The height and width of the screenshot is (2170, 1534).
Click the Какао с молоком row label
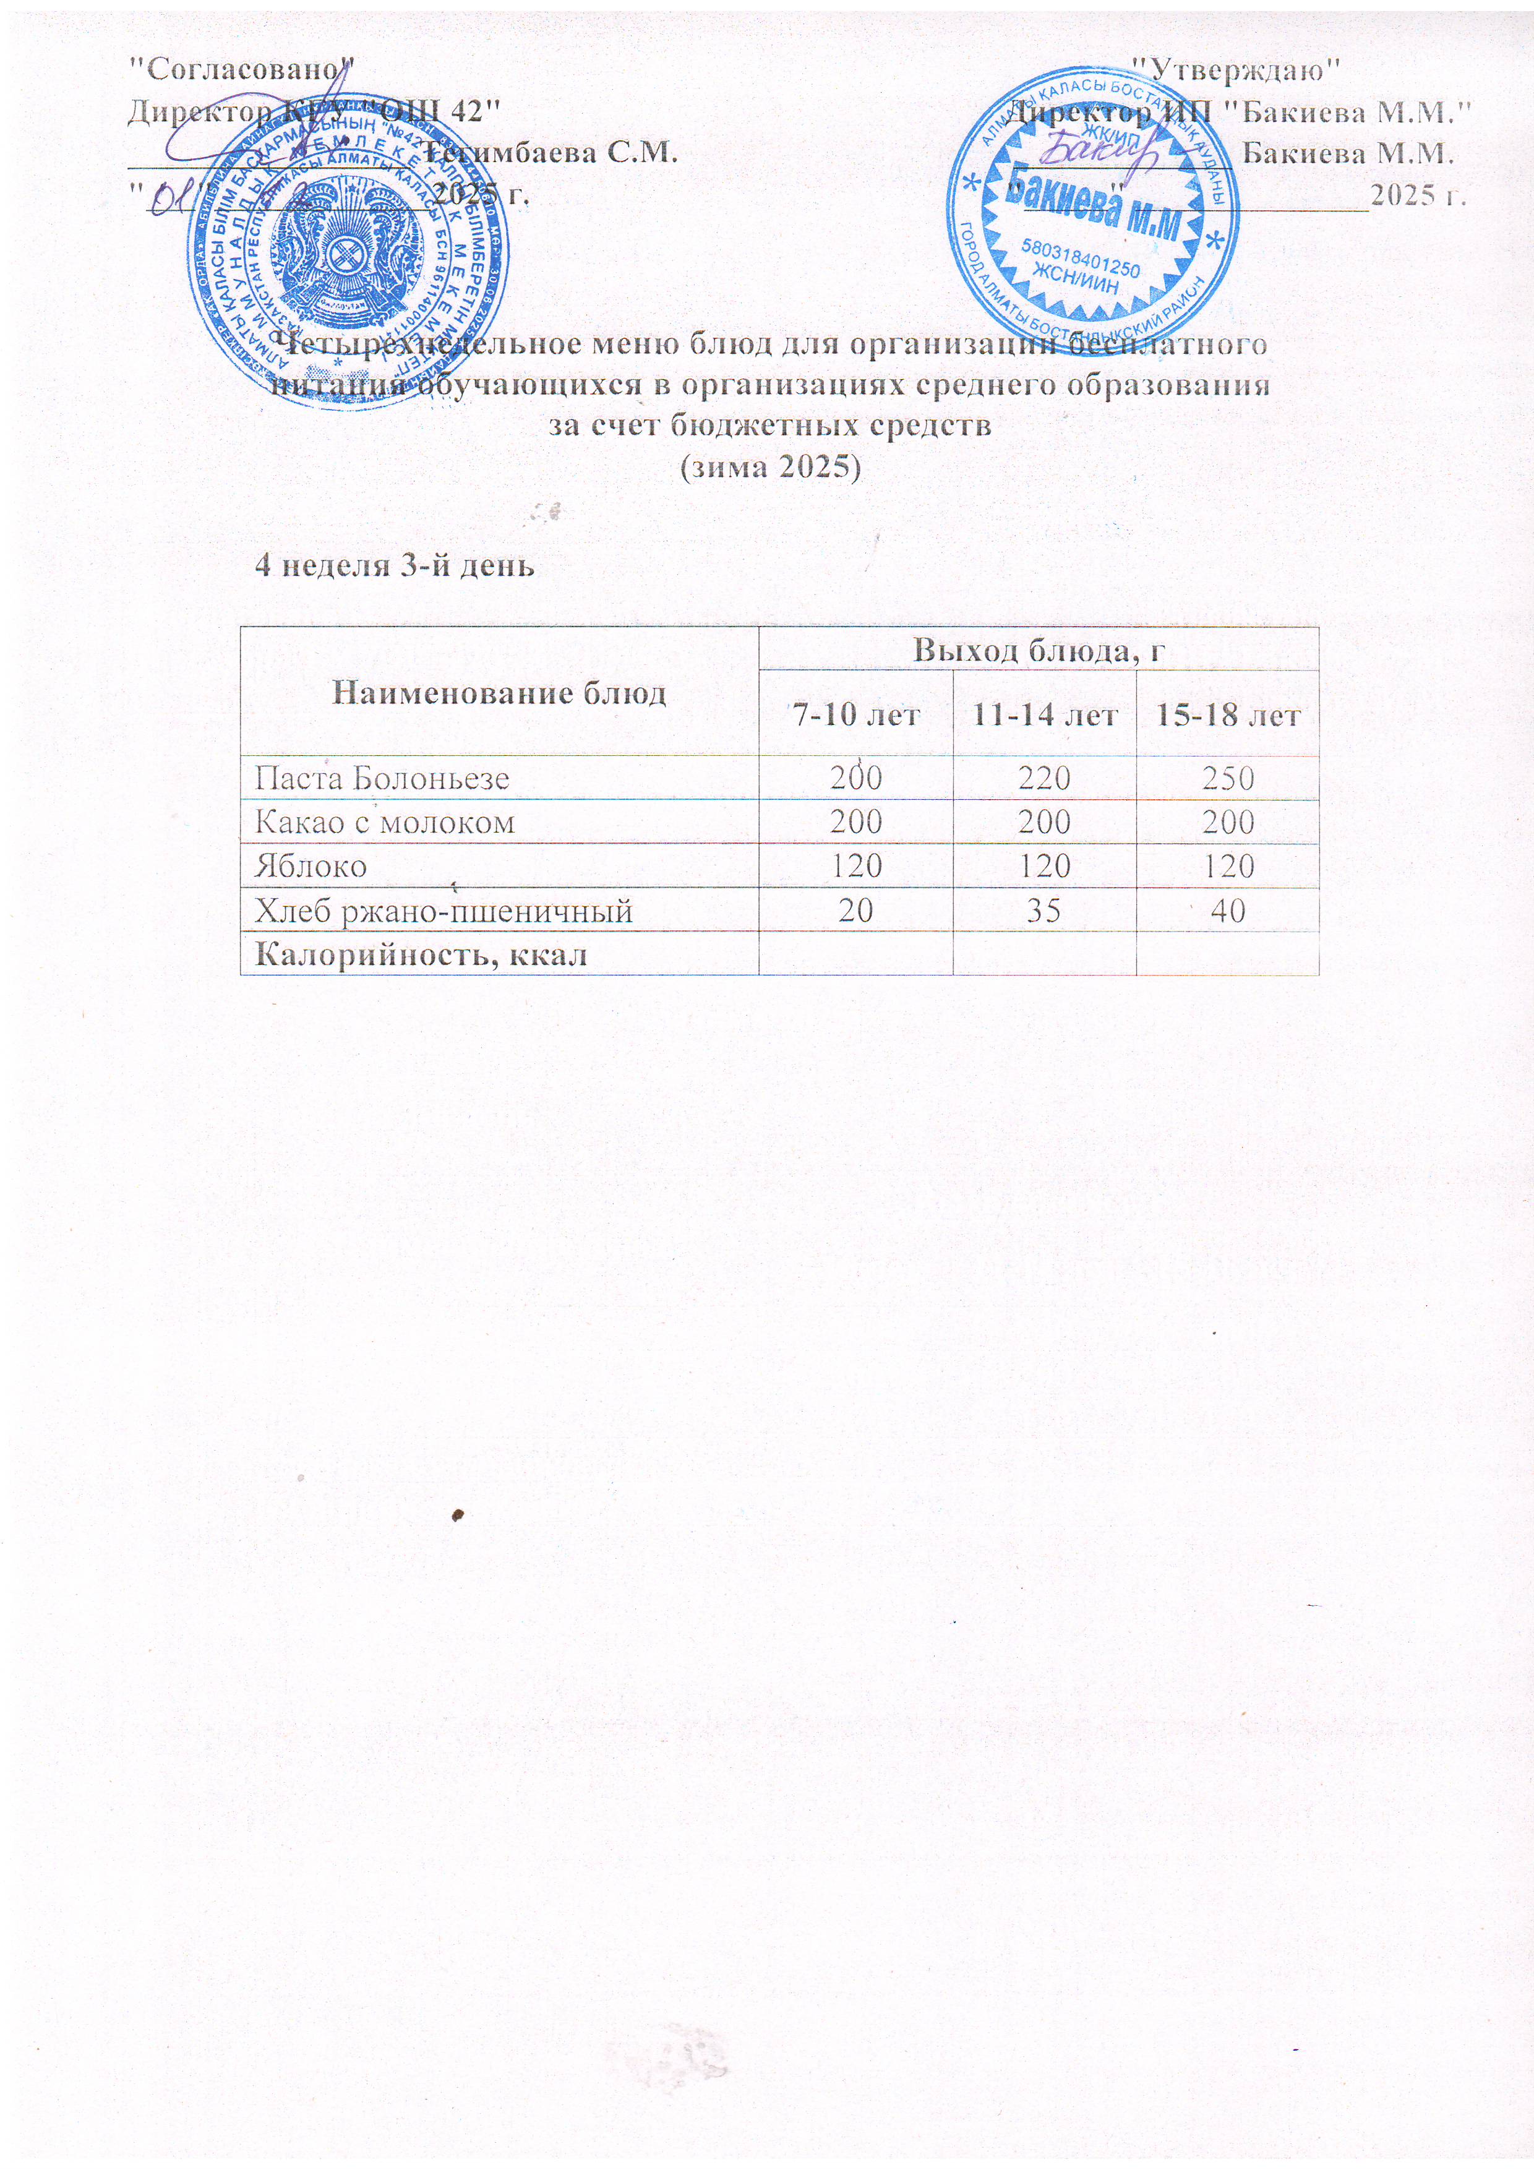(385, 822)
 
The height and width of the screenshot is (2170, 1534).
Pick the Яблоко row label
(311, 867)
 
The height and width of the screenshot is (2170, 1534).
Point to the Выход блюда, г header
(1038, 650)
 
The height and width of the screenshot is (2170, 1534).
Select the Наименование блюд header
(499, 693)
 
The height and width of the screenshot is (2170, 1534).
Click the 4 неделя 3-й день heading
(396, 565)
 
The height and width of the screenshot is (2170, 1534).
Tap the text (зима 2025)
(771, 468)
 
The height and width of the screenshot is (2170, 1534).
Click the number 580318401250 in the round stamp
(1081, 256)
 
